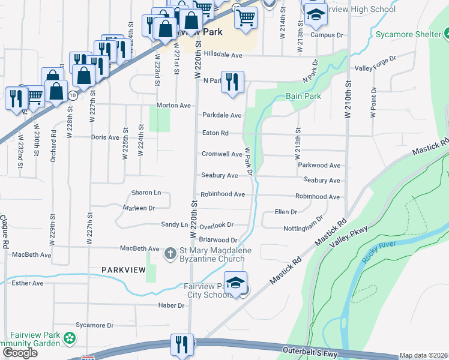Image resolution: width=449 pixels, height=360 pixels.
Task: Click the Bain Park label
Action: [x=303, y=96]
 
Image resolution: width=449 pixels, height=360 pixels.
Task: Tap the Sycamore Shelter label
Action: [x=408, y=34]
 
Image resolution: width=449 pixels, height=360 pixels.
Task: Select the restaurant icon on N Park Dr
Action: [x=232, y=82]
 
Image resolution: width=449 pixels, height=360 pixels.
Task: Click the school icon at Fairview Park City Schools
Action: [x=236, y=284]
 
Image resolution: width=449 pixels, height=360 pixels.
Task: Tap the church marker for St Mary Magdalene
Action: [x=170, y=253]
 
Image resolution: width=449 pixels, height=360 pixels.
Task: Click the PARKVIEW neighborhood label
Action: [x=123, y=270]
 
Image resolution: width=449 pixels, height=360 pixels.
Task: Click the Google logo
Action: [x=20, y=353]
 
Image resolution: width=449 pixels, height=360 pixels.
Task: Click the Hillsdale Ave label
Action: [x=223, y=55]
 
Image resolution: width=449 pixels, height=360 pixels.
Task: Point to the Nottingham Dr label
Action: [x=304, y=224]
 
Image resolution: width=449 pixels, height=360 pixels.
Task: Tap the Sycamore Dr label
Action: [x=94, y=325]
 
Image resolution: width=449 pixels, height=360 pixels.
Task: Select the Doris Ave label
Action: [x=105, y=137]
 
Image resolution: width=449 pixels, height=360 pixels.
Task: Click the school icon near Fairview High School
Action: [x=315, y=16]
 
